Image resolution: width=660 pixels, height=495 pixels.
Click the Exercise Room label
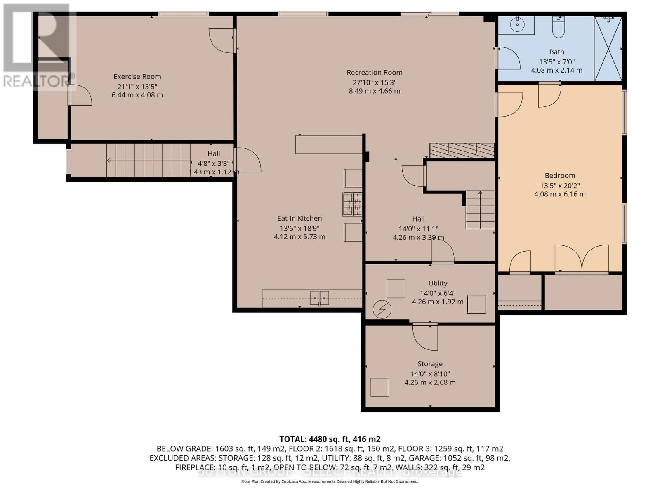[137, 76]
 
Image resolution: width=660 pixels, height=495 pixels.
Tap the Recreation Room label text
[374, 73]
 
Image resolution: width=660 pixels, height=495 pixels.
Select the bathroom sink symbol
[517, 25]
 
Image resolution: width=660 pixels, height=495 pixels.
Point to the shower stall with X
[608, 49]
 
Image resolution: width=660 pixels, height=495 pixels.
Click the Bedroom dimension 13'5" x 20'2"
[559, 186]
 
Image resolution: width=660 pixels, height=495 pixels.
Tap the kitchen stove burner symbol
[352, 204]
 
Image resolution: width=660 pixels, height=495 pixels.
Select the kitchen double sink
[320, 297]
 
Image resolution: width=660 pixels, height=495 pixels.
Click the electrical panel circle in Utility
[382, 309]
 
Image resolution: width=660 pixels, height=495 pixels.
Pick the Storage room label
[430, 364]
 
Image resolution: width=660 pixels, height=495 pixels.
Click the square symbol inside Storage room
[379, 387]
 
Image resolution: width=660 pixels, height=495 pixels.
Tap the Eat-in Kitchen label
[299, 218]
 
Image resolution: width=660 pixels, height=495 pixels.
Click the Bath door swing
[508, 58]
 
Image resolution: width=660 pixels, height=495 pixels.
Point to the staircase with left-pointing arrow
[148, 160]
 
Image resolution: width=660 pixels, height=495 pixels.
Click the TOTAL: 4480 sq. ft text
[330, 439]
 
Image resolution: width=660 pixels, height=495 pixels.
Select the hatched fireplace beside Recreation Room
[462, 150]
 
